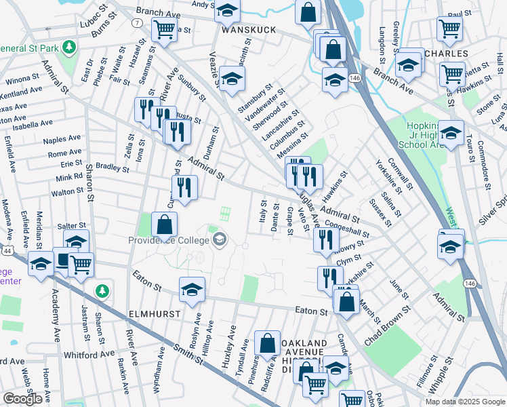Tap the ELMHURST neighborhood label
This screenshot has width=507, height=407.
click(x=154, y=315)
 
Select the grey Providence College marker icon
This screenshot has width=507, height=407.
click(x=220, y=239)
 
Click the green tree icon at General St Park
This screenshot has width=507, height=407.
click(x=68, y=47)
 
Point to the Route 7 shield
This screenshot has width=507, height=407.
click(x=137, y=23)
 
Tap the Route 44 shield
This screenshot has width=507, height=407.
click(x=6, y=251)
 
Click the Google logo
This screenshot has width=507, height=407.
click(x=22, y=399)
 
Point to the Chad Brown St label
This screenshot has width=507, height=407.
click(x=387, y=326)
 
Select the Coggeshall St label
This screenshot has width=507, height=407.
click(x=346, y=227)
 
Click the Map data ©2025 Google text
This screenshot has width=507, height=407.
click(x=464, y=402)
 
